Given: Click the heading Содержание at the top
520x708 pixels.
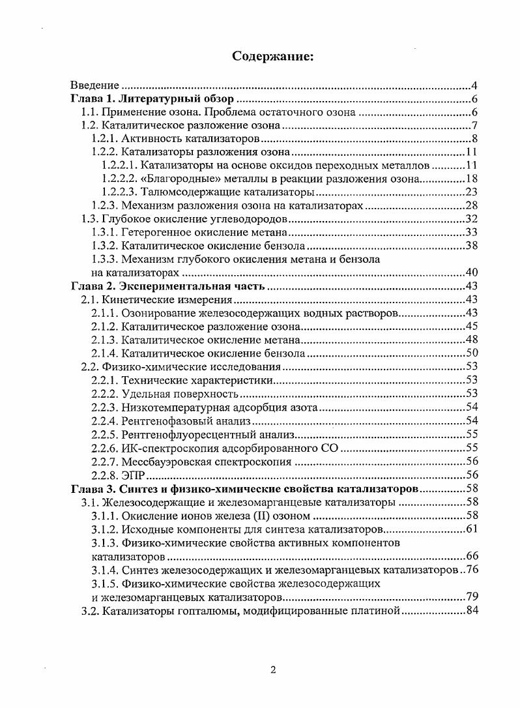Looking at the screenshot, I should (273, 57).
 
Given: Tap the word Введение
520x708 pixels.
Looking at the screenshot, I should (94, 85).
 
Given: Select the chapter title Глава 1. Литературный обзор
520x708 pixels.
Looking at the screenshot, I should (152, 99).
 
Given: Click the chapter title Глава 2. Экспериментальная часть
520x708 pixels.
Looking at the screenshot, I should (167, 286).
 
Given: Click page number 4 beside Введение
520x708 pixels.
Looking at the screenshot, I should (476, 85).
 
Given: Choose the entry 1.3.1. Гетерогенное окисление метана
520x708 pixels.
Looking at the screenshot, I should (188, 232).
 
